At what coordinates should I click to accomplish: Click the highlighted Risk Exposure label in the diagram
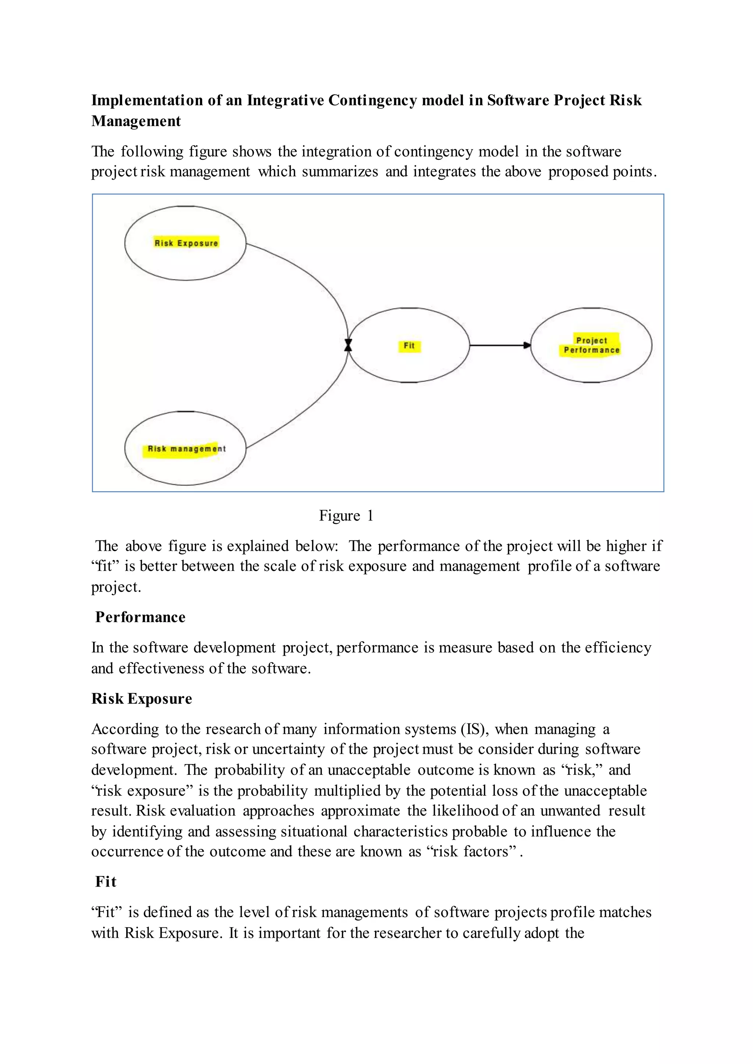pos(186,243)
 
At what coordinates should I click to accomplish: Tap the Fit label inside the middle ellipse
pos(409,345)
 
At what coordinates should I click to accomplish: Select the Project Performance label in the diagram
pos(591,345)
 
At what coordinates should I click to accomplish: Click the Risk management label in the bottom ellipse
pos(186,449)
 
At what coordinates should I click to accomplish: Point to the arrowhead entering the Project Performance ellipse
pos(527,345)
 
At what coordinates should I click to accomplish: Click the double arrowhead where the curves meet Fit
pos(348,345)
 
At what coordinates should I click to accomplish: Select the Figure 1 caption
pos(346,516)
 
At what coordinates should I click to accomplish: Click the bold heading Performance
pos(140,617)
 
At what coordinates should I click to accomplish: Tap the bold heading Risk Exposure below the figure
pos(142,698)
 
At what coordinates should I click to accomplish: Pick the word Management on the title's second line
pos(136,121)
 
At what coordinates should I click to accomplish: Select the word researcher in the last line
pos(403,932)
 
